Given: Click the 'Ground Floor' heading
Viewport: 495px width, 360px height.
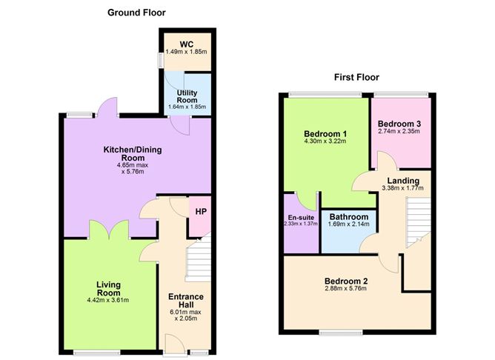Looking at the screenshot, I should click(136, 13).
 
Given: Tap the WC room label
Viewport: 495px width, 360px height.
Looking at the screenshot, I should click(186, 44).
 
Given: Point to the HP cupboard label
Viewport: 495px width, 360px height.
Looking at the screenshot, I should click(201, 211).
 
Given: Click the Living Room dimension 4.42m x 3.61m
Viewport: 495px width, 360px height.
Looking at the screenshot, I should click(108, 300).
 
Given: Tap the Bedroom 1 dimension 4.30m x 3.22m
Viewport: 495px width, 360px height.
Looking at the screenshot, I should click(325, 141).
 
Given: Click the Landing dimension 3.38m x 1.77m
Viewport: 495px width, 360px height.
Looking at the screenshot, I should click(402, 188).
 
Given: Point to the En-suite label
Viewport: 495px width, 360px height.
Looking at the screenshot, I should click(301, 218).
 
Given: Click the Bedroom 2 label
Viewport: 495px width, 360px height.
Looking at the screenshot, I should click(346, 281).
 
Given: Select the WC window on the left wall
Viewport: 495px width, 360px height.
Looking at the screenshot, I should click(160, 59).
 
